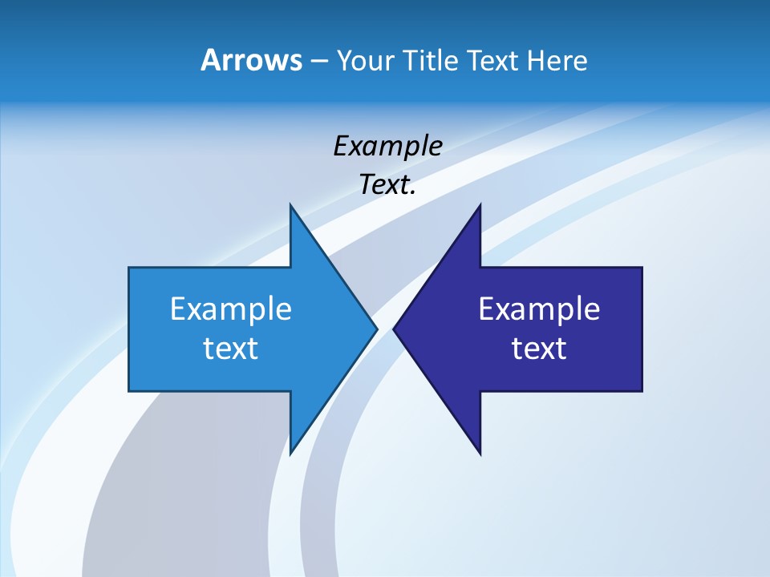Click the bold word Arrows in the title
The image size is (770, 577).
pyautogui.click(x=250, y=60)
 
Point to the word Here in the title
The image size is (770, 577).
pyautogui.click(x=557, y=60)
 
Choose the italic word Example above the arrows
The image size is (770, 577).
pyautogui.click(x=387, y=146)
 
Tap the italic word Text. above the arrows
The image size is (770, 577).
pyautogui.click(x=387, y=184)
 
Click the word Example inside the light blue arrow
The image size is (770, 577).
pyautogui.click(x=231, y=309)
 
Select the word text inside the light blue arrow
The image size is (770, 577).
pyautogui.click(x=231, y=348)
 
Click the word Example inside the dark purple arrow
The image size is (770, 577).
pyautogui.click(x=539, y=309)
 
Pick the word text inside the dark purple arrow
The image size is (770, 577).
pyautogui.click(x=539, y=348)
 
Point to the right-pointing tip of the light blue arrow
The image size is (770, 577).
pyautogui.click(x=377, y=329)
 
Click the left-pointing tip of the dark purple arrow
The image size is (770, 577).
pyautogui.click(x=394, y=329)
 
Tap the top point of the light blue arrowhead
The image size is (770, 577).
pyautogui.click(x=290, y=204)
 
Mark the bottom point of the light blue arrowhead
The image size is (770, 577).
pyautogui.click(x=290, y=454)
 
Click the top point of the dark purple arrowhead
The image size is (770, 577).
pyautogui.click(x=480, y=204)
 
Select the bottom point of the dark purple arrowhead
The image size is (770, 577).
pyautogui.click(x=480, y=454)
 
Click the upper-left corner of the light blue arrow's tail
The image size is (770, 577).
pyautogui.click(x=129, y=268)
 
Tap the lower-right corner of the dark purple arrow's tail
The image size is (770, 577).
pyautogui.click(x=642, y=391)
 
